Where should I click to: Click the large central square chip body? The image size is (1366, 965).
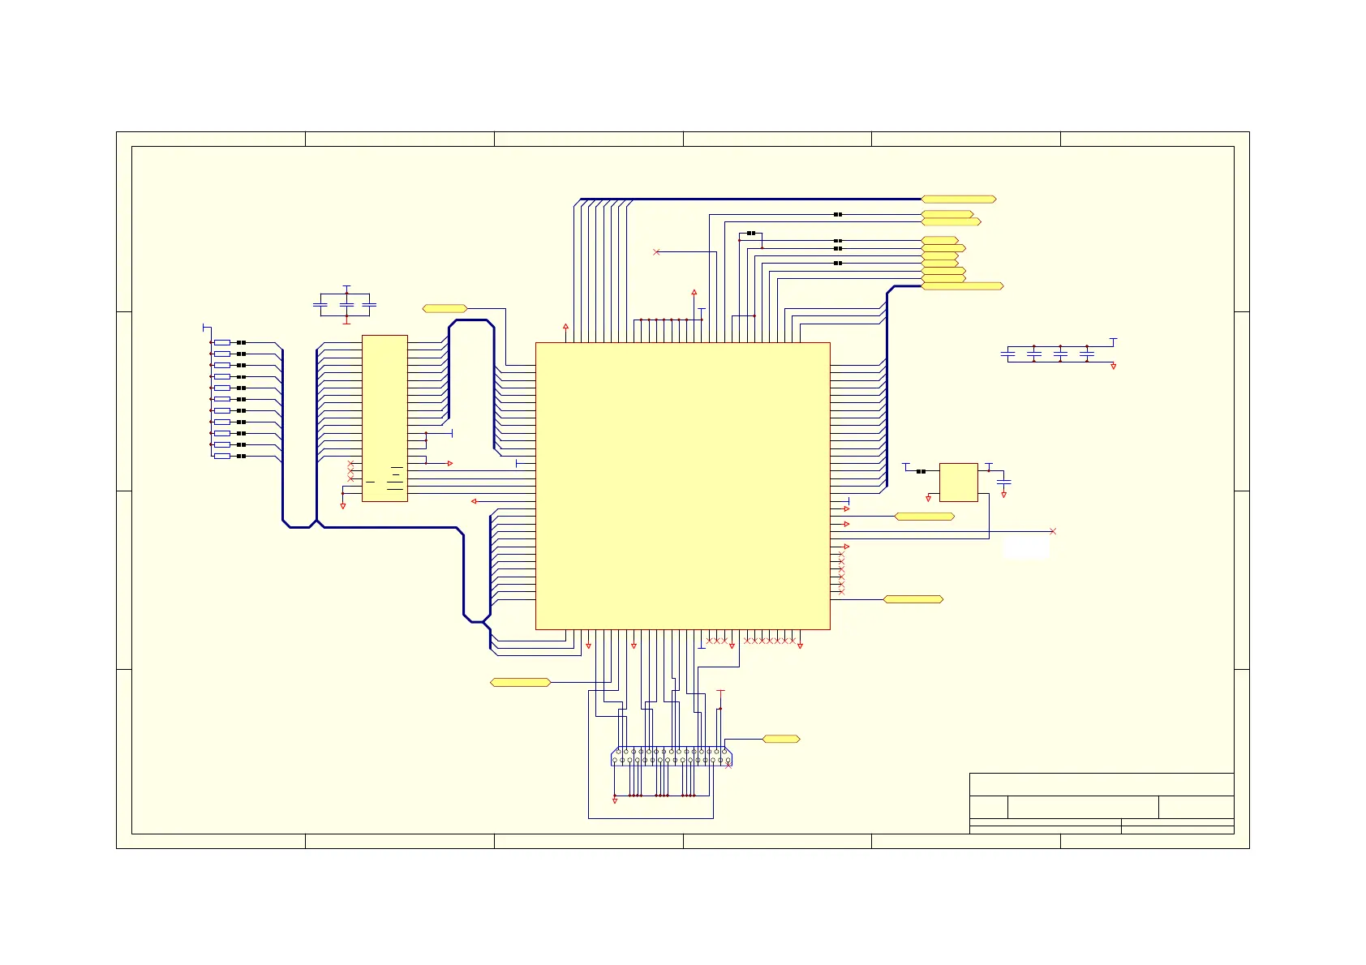tap(682, 485)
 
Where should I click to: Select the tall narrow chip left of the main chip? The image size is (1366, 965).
tap(384, 418)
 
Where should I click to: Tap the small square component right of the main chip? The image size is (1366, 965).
tap(958, 482)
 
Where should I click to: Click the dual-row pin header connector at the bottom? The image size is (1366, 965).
tap(670, 756)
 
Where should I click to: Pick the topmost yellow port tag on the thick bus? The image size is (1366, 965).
tap(958, 199)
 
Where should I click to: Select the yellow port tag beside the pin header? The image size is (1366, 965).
tap(781, 739)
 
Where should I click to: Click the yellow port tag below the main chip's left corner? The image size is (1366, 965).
tap(520, 682)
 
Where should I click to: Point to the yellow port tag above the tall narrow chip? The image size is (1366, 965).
tap(445, 308)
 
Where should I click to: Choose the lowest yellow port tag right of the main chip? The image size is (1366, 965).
tap(913, 599)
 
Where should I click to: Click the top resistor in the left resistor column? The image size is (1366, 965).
tap(222, 343)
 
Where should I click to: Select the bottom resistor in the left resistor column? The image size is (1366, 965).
tap(222, 457)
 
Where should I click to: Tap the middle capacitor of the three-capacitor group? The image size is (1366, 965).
tap(346, 305)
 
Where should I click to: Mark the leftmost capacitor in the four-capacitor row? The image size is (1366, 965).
tap(1007, 354)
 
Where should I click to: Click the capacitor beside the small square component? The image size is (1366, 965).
tap(1003, 482)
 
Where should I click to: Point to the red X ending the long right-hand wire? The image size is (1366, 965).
tap(1053, 531)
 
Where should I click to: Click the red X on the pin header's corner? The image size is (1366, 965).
tap(728, 766)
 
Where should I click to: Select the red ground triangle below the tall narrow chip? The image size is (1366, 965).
tap(343, 506)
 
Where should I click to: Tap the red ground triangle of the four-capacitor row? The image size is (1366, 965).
tap(1113, 367)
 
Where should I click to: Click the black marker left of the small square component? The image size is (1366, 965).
tap(921, 471)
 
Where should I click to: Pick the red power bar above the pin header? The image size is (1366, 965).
tap(720, 692)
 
